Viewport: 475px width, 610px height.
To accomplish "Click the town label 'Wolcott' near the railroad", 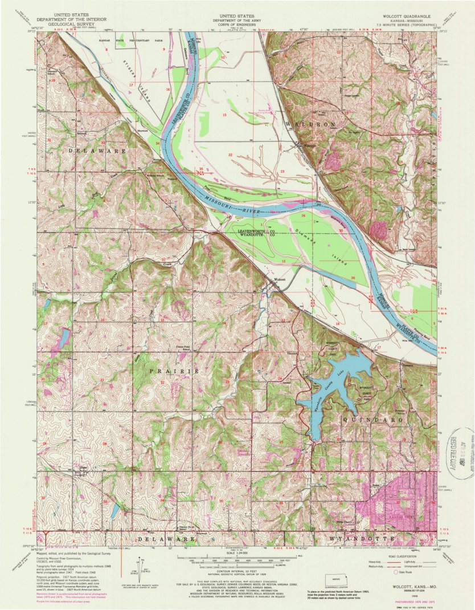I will click(x=279, y=279).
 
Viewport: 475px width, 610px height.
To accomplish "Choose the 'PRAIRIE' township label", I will click(x=174, y=371).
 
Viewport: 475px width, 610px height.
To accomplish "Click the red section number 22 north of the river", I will click(x=230, y=155).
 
